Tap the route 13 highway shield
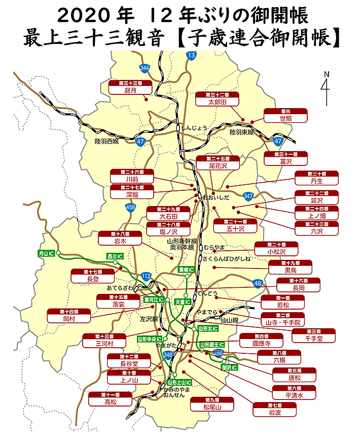pos(191,55)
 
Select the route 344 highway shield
pos(145,68)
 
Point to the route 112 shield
pos(147,276)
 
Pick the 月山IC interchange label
pos(46,252)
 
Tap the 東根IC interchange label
pos(186,270)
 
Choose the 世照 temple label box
pos(286,115)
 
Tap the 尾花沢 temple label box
pos(218,162)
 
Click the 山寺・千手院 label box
pos(283,319)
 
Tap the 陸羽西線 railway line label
pos(106,141)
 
